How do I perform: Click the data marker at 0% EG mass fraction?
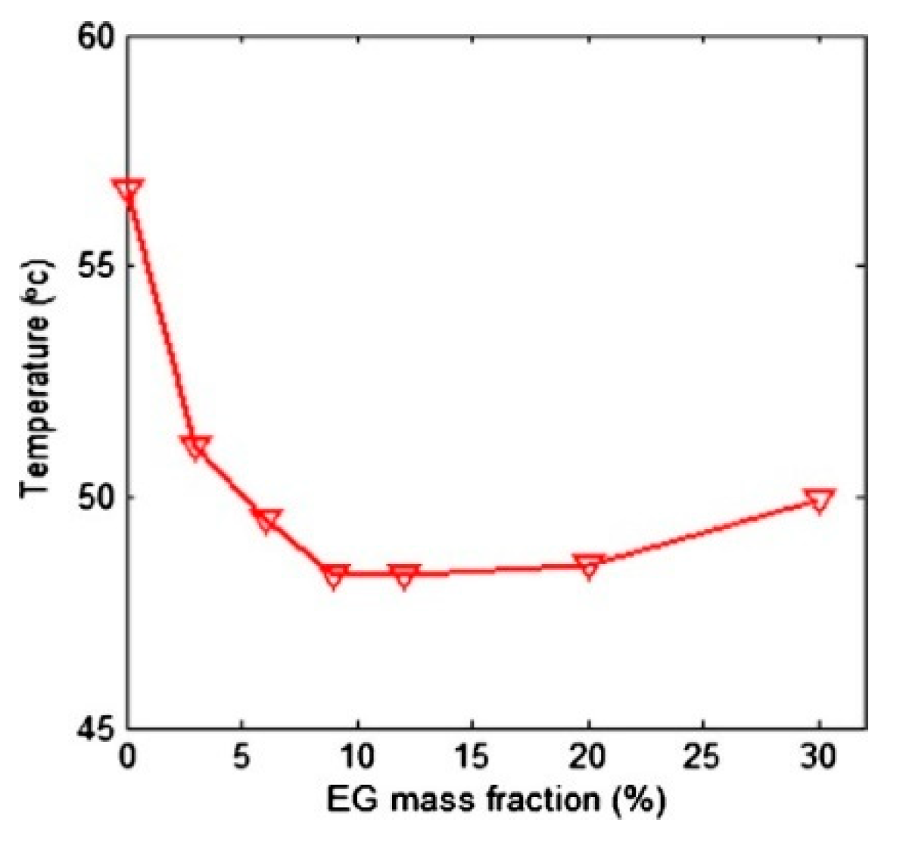tap(127, 190)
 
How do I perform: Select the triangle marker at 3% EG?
tap(197, 447)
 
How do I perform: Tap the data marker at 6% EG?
tap(266, 520)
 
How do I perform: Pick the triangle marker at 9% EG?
tap(334, 575)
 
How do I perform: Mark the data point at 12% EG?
tap(404, 575)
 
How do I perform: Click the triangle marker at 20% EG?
tap(589, 565)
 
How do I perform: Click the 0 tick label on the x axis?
tap(127, 758)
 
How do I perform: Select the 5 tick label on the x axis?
tap(242, 758)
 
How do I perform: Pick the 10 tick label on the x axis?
tap(357, 758)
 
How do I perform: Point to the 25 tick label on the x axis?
tap(704, 758)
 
